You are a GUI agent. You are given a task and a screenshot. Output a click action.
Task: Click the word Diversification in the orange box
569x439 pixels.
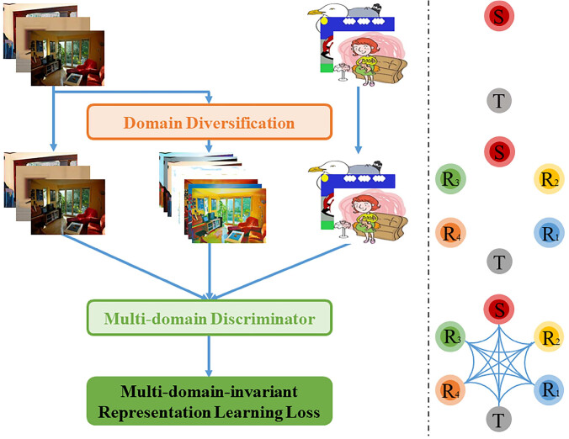pos(240,123)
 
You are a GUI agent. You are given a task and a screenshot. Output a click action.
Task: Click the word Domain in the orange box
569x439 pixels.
pos(153,123)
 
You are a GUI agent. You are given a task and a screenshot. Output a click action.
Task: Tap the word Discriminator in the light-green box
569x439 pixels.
pos(263,319)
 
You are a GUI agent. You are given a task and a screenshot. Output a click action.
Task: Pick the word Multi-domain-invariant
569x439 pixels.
pos(209,392)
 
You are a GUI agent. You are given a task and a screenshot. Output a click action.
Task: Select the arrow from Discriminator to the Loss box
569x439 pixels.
pos(209,356)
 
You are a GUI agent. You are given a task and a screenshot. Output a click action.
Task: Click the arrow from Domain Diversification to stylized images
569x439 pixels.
pos(208,145)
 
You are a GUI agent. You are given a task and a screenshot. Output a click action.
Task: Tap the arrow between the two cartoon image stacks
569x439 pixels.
pos(359,120)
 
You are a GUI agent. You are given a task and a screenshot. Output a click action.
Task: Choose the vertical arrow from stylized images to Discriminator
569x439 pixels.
pos(210,271)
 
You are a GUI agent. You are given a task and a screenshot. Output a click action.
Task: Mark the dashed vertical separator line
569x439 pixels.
pos(428,218)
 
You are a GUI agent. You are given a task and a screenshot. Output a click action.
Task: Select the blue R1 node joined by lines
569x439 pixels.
pos(550,390)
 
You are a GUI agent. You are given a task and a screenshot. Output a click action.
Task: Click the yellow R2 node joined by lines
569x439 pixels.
pos(550,336)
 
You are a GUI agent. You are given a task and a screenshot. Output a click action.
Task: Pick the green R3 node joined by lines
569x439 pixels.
pos(450,336)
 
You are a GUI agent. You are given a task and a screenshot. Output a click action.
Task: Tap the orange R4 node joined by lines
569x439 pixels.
pos(450,391)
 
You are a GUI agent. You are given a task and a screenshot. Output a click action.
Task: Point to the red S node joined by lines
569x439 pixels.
pos(499,309)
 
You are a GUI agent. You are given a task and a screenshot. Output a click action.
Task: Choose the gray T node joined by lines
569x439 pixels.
pos(499,420)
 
